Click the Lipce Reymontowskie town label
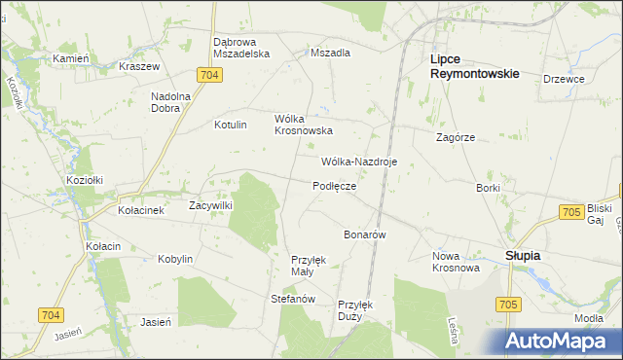click(474, 66)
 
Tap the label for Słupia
click(523, 255)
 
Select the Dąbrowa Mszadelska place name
click(240, 49)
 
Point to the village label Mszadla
click(330, 54)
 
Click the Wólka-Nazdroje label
click(358, 162)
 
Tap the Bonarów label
click(366, 235)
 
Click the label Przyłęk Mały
click(309, 266)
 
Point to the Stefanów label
click(293, 299)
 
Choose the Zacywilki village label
click(208, 206)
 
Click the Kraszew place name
click(138, 66)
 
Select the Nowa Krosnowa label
click(457, 262)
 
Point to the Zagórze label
click(456, 138)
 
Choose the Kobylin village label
click(176, 260)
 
